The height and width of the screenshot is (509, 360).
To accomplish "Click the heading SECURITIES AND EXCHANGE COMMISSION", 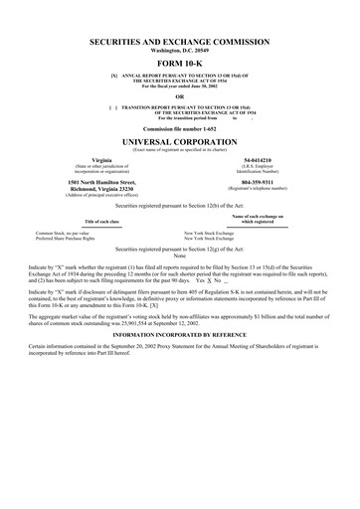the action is click(x=179, y=43).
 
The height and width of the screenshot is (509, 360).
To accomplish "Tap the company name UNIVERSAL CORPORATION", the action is click(x=179, y=141).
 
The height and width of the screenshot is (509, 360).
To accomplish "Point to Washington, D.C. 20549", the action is click(x=179, y=52).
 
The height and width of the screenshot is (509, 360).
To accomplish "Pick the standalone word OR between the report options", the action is click(x=179, y=95).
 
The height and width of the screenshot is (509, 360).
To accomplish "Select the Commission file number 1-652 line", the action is click(x=179, y=129).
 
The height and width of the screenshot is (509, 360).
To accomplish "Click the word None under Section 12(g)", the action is click(x=179, y=255).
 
